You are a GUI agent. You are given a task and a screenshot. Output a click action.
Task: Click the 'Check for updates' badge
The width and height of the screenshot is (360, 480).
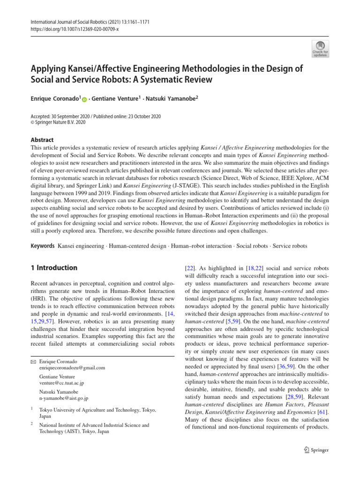click(320, 48)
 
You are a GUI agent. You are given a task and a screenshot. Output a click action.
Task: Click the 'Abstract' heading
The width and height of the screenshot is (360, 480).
click(42, 140)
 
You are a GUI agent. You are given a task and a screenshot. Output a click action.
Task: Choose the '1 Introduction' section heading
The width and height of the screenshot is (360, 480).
click(54, 268)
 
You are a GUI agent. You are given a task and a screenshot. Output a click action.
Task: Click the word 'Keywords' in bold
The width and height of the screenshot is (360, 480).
click(42, 246)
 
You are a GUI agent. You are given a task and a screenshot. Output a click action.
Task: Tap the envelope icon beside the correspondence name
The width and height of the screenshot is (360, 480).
click(33, 361)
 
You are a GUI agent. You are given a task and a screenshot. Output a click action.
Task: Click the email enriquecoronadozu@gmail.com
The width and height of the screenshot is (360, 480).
click(72, 368)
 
